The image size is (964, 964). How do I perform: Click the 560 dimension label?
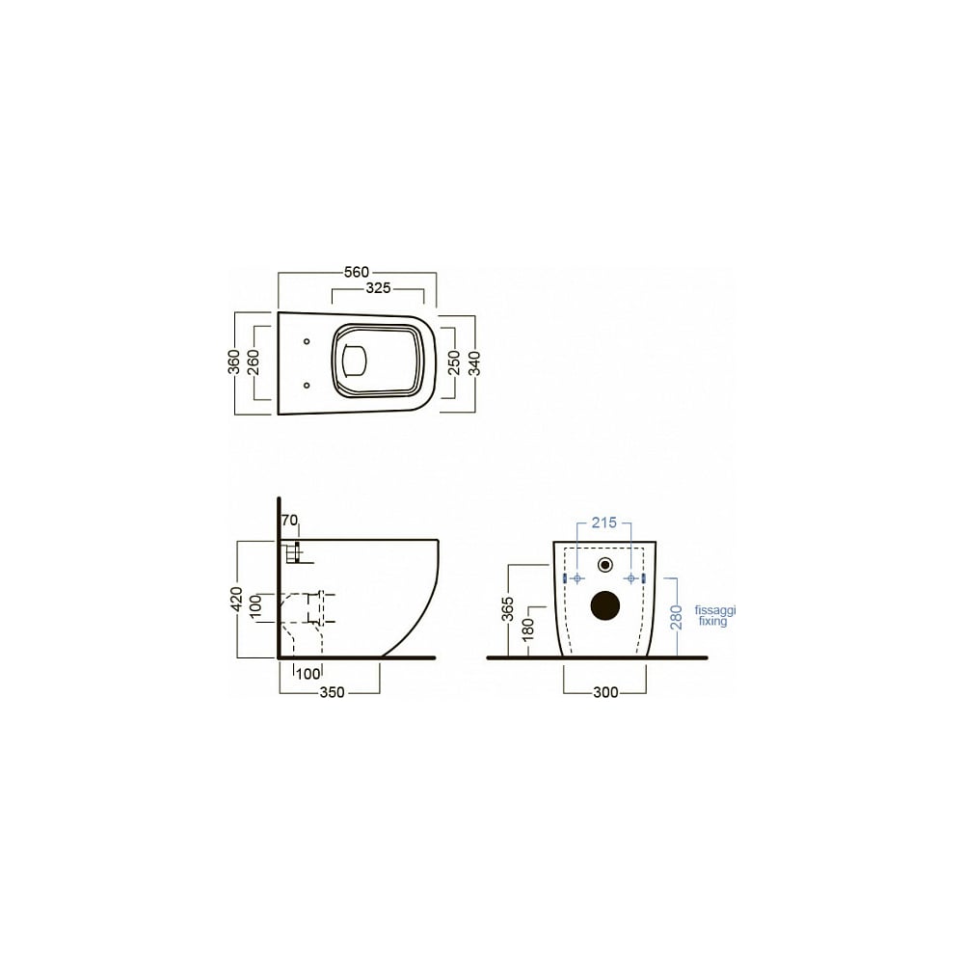(x=357, y=272)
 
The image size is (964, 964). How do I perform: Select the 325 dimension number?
(x=378, y=287)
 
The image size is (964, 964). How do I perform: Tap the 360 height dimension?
(x=234, y=362)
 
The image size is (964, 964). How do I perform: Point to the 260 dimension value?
(x=254, y=362)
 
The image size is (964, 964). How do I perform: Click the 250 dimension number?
(x=454, y=362)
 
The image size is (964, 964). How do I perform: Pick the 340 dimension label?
(x=474, y=362)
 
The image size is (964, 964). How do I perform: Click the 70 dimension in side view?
(x=289, y=521)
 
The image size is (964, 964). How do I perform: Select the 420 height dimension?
(x=237, y=600)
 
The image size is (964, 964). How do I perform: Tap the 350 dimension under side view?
(x=332, y=692)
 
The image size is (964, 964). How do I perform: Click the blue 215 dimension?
(x=603, y=522)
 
